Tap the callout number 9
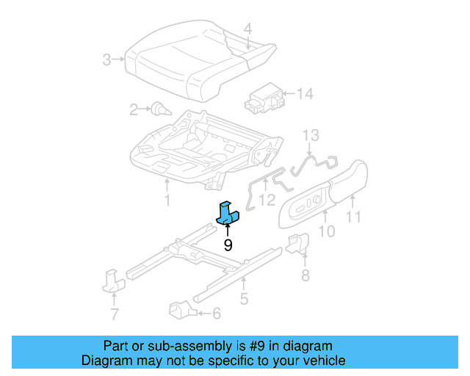pos(228,245)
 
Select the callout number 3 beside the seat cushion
pos(107,59)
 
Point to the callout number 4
pos(247,29)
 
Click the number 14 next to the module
pos(304,93)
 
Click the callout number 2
pos(134,110)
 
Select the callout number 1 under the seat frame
pos(167,200)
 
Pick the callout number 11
pos(354,217)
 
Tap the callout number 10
pos(327,231)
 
